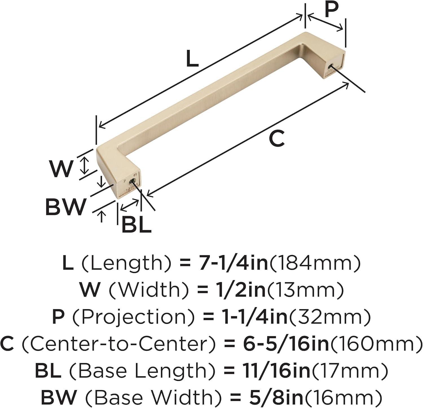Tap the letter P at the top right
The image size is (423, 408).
[331, 9]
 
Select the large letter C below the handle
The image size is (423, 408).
[277, 139]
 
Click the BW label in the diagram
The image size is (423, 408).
[65, 207]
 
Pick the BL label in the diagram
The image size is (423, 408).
[136, 225]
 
